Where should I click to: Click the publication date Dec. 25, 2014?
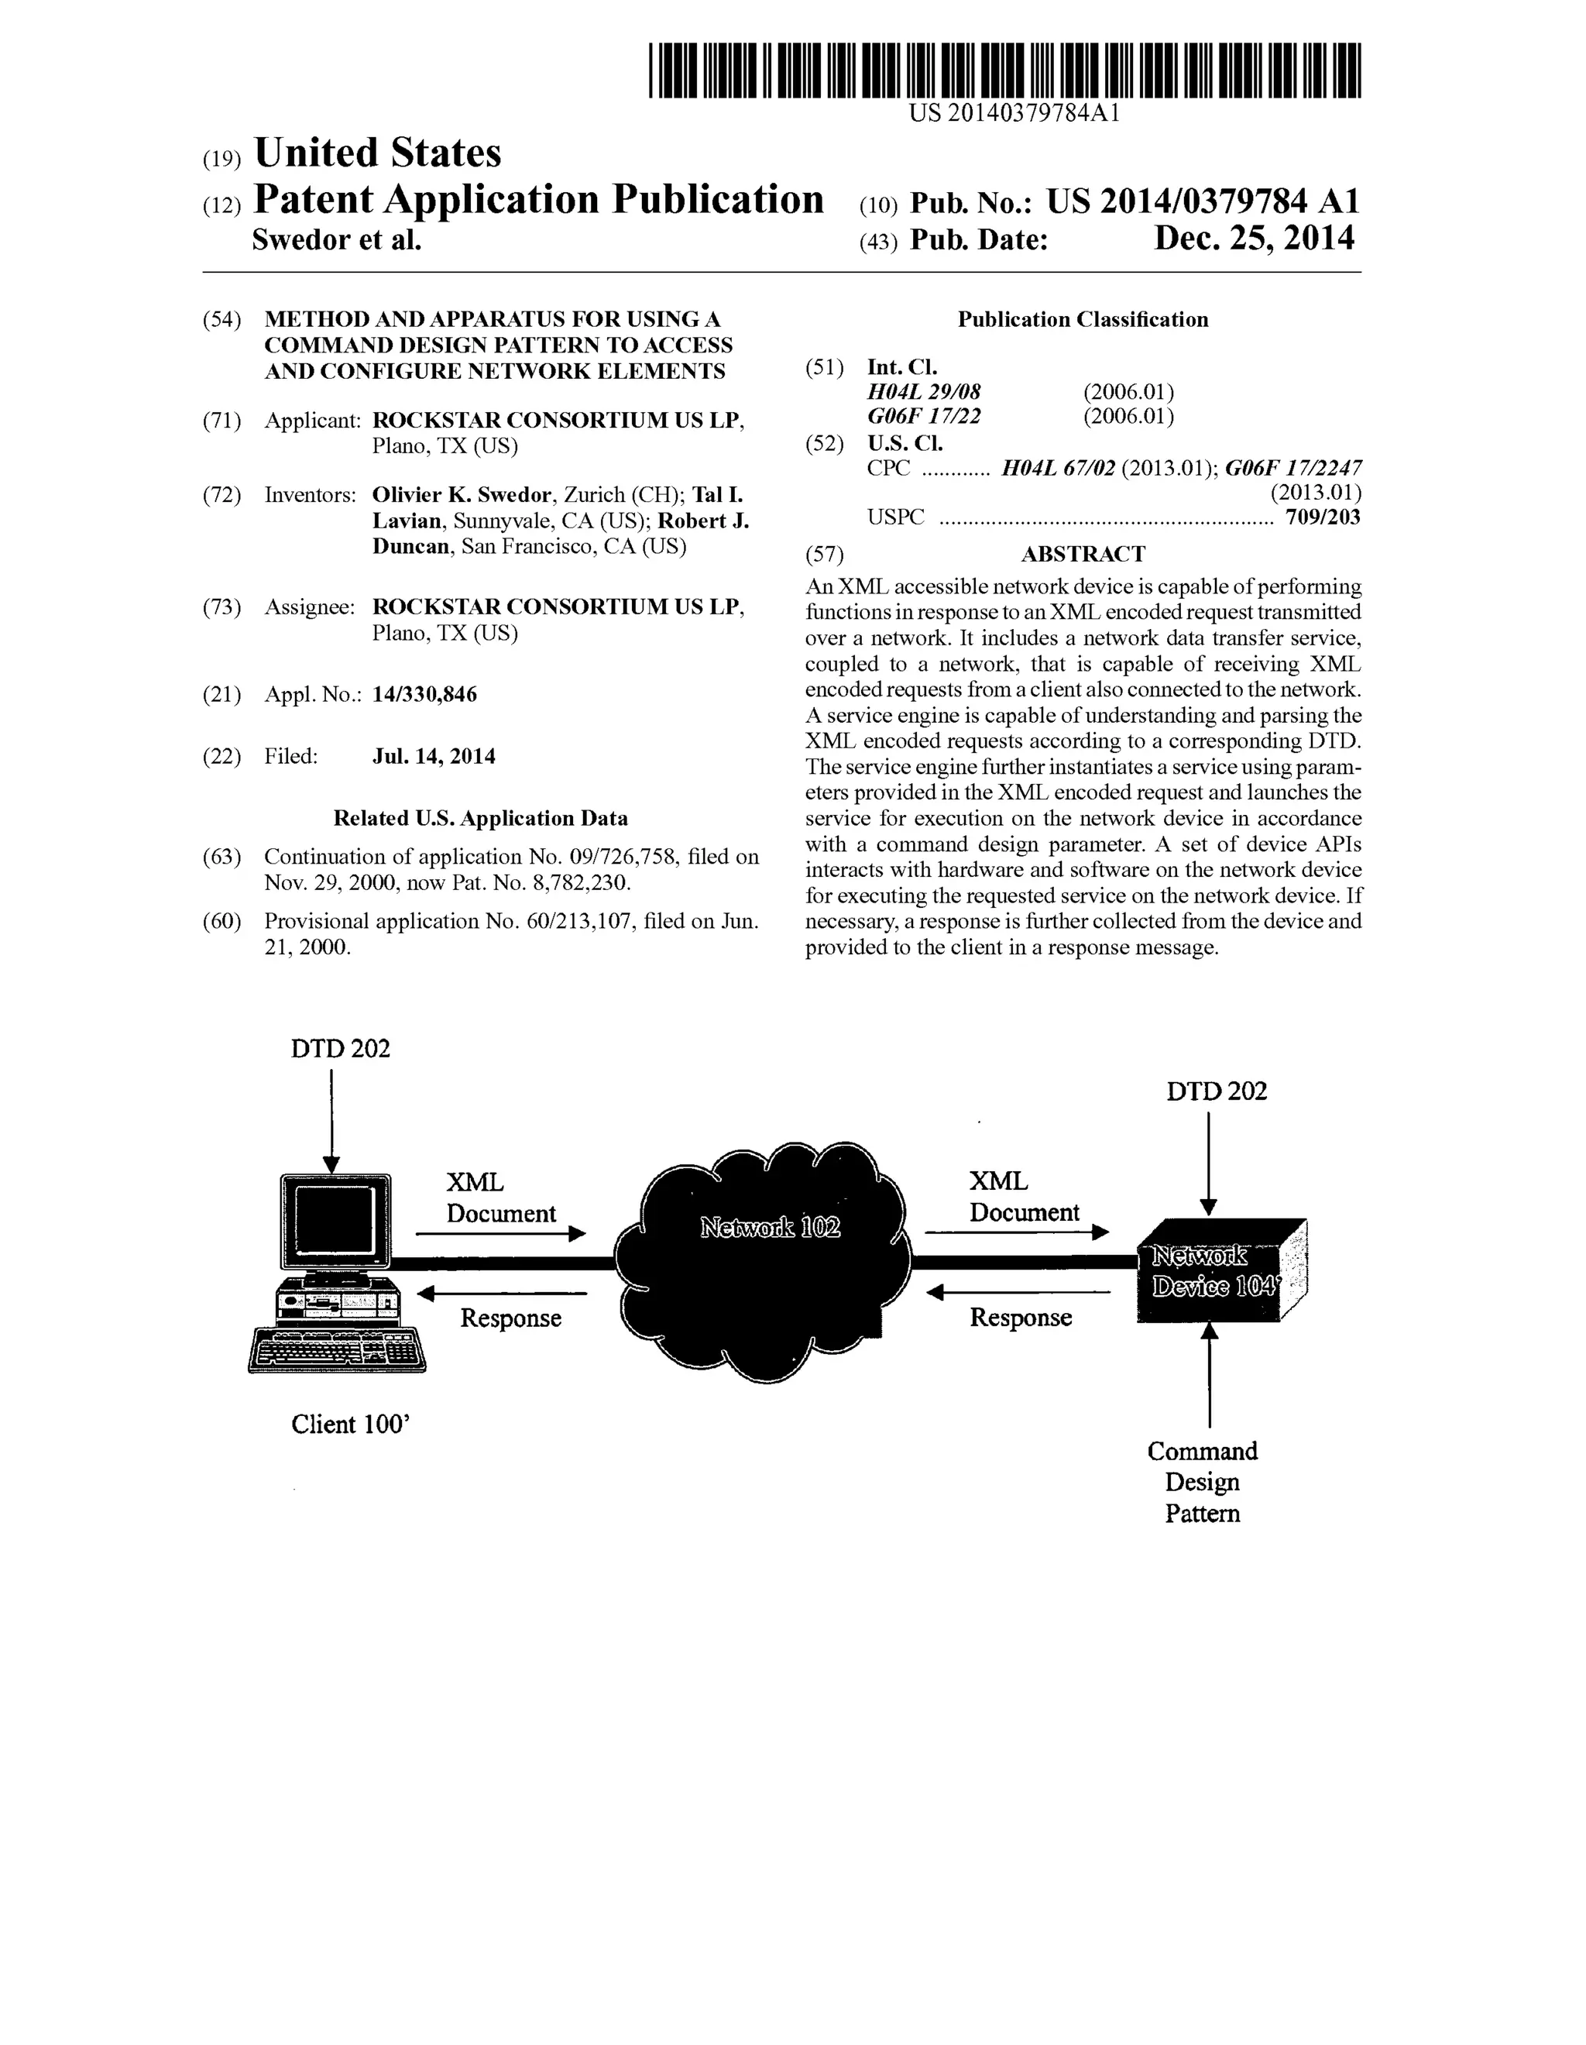tap(1254, 239)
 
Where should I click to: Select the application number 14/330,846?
tap(424, 695)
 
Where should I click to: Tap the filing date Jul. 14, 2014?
tap(434, 757)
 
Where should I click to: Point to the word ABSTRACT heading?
tap(1083, 555)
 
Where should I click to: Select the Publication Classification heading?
tap(1083, 320)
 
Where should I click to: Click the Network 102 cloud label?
tap(770, 1227)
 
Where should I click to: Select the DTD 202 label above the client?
tap(340, 1049)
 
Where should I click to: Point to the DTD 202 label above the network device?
tap(1216, 1091)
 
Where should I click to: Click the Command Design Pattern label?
tap(1202, 1483)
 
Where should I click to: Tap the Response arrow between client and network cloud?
tap(502, 1294)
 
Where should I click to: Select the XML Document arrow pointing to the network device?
tap(1017, 1232)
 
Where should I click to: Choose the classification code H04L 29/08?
tap(924, 392)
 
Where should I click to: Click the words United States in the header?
tap(377, 153)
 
